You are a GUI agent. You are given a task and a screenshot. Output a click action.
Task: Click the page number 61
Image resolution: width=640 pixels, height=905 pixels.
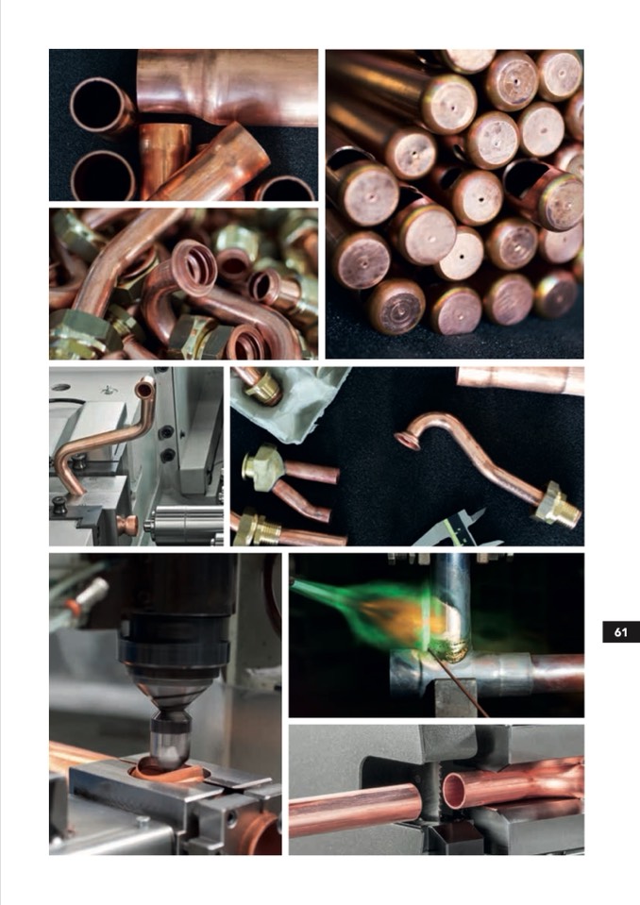[x=620, y=632]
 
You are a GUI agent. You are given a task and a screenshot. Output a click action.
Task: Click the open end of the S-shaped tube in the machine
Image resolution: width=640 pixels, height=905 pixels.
[x=144, y=388]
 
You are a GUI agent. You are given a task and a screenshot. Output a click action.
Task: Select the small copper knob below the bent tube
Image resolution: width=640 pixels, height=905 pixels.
[x=126, y=525]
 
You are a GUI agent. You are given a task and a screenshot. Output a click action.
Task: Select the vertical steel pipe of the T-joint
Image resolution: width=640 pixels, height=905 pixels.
[x=452, y=606]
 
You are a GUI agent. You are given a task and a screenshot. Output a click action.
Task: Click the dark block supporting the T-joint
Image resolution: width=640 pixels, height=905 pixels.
[x=456, y=697]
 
